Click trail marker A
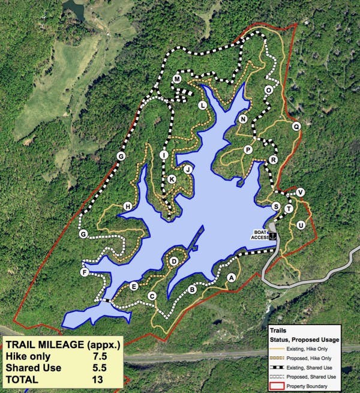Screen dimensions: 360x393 [x=231, y=278]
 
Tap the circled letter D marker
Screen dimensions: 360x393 [x=174, y=261]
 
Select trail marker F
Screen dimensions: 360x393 [x=85, y=273]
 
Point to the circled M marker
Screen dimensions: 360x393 [x=178, y=80]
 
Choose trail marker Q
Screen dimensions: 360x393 [x=296, y=127]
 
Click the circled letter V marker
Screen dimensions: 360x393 [x=300, y=192]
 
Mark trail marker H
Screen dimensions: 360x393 [x=127, y=207]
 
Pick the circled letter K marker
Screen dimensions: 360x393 [x=172, y=179]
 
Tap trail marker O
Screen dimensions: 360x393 [x=268, y=90]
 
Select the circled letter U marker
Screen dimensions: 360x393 [x=301, y=224]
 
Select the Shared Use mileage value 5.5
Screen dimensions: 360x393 [x=92, y=367]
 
